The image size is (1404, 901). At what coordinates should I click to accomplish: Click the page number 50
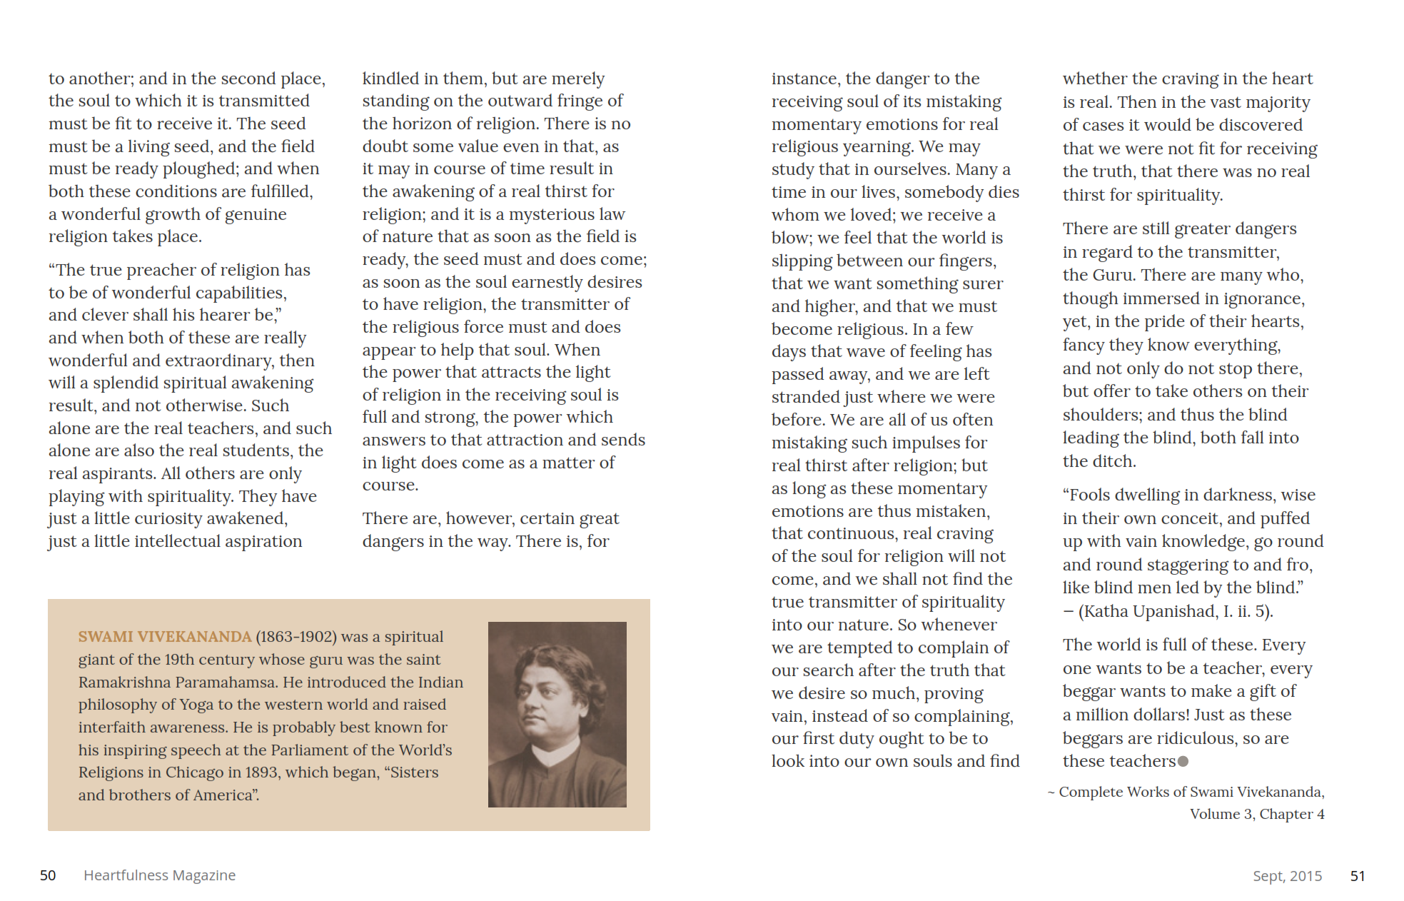pyautogui.click(x=48, y=875)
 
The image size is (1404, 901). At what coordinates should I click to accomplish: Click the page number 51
pyautogui.click(x=1358, y=876)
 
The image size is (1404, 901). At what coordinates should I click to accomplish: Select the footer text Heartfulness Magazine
pyautogui.click(x=159, y=875)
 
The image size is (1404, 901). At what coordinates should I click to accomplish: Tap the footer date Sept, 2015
pyautogui.click(x=1287, y=876)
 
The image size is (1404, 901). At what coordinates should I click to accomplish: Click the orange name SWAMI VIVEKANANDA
pyautogui.click(x=165, y=637)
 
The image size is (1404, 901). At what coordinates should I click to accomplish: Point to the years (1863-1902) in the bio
pyautogui.click(x=296, y=637)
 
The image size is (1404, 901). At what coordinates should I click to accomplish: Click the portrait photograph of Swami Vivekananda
pyautogui.click(x=557, y=714)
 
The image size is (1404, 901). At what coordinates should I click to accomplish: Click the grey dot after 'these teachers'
pyautogui.click(x=1183, y=762)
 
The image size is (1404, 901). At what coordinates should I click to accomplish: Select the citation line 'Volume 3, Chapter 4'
pyautogui.click(x=1256, y=814)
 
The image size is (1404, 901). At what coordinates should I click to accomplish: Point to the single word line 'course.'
pyautogui.click(x=390, y=485)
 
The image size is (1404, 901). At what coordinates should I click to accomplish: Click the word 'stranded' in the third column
pyautogui.click(x=804, y=397)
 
